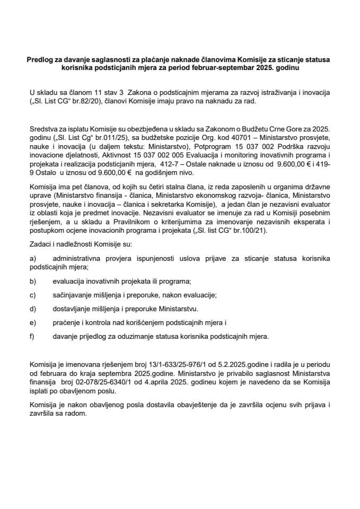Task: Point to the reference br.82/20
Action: pos(91,101)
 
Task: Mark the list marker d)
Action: pos(33,308)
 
